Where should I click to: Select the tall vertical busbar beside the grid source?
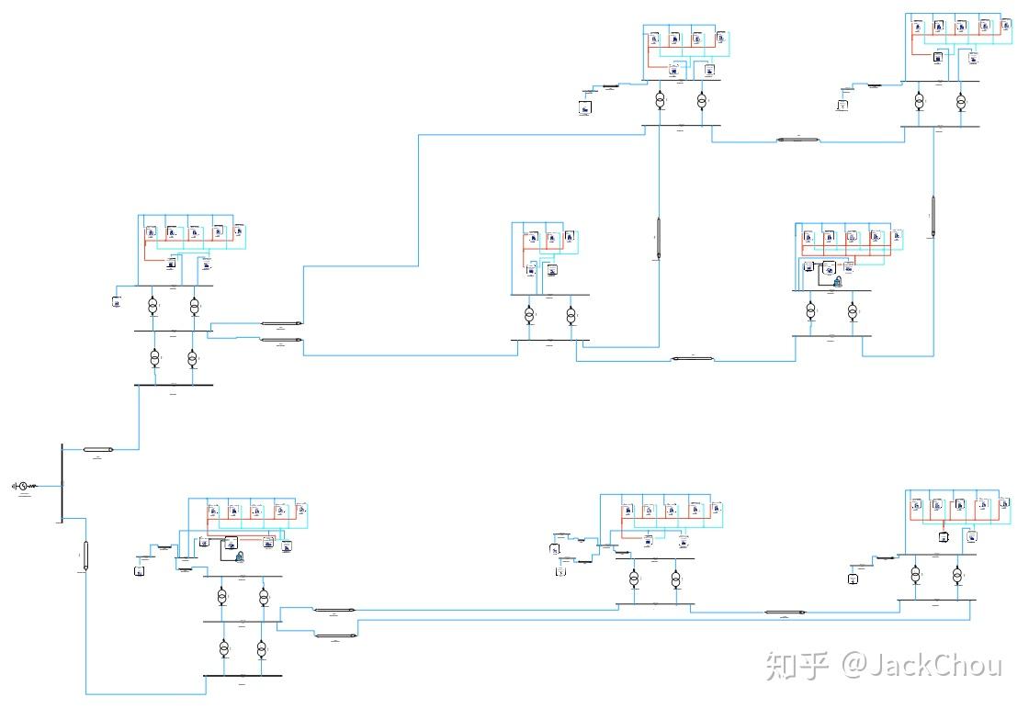click(61, 483)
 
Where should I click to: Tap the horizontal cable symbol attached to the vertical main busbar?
click(96, 450)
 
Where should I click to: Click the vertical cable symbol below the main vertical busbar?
click(85, 556)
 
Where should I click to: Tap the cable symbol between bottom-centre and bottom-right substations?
click(786, 612)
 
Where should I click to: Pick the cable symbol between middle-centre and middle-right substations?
click(686, 358)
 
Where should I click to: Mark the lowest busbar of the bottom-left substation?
click(243, 675)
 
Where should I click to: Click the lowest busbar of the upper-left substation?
click(174, 385)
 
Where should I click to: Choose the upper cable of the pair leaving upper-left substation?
click(281, 323)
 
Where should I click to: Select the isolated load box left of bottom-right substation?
click(854, 579)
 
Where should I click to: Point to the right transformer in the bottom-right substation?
click(956, 576)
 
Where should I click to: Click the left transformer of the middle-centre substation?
click(529, 316)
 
